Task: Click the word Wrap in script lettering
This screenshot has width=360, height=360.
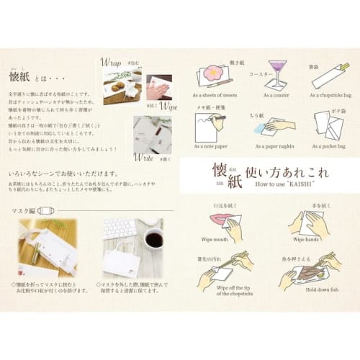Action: pyautogui.click(x=112, y=63)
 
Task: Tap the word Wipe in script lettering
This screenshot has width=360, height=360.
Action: pyautogui.click(x=168, y=107)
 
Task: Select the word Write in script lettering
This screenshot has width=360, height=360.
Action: pyautogui.click(x=144, y=156)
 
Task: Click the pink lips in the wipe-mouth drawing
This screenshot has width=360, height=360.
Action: pyautogui.click(x=221, y=218)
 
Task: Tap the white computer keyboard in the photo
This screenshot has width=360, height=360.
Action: pyautogui.click(x=120, y=228)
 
